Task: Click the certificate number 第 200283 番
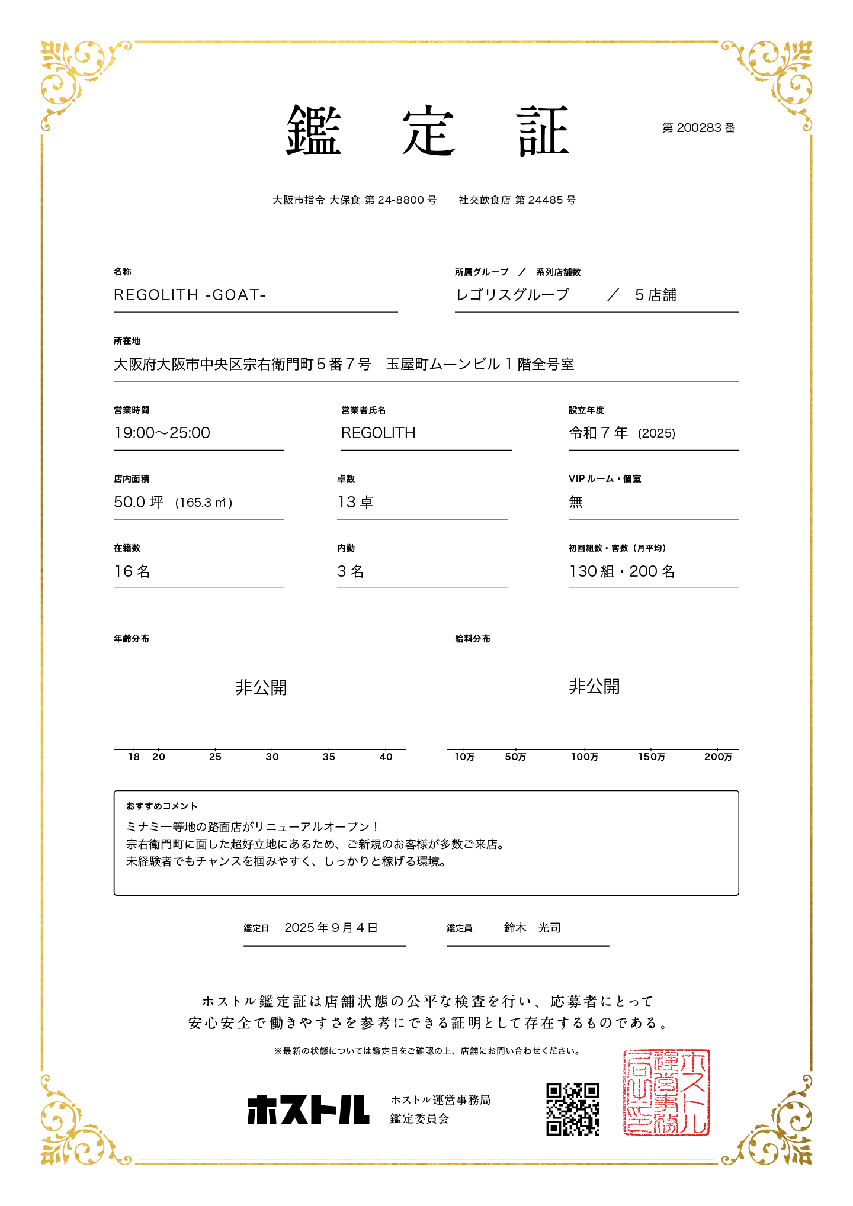coord(698,128)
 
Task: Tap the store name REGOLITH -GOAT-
coord(190,295)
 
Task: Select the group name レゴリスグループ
coord(512,295)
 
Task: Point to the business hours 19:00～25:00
coord(162,433)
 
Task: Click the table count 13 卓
coord(355,502)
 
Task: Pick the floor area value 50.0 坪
coord(139,502)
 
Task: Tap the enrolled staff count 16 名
coord(132,571)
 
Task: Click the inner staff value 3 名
coord(351,571)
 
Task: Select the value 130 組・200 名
coord(622,571)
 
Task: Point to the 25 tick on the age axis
coord(215,757)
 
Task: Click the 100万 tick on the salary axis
coord(585,757)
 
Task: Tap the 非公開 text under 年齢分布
coord(261,687)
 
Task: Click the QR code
coord(572,1109)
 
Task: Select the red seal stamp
coord(666,1092)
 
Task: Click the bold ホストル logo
coord(308,1109)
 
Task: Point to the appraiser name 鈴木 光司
coord(532,928)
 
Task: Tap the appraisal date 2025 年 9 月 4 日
coord(331,928)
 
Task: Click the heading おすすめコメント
coord(162,806)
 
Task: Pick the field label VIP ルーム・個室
coord(605,478)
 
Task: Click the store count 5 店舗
coord(655,295)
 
